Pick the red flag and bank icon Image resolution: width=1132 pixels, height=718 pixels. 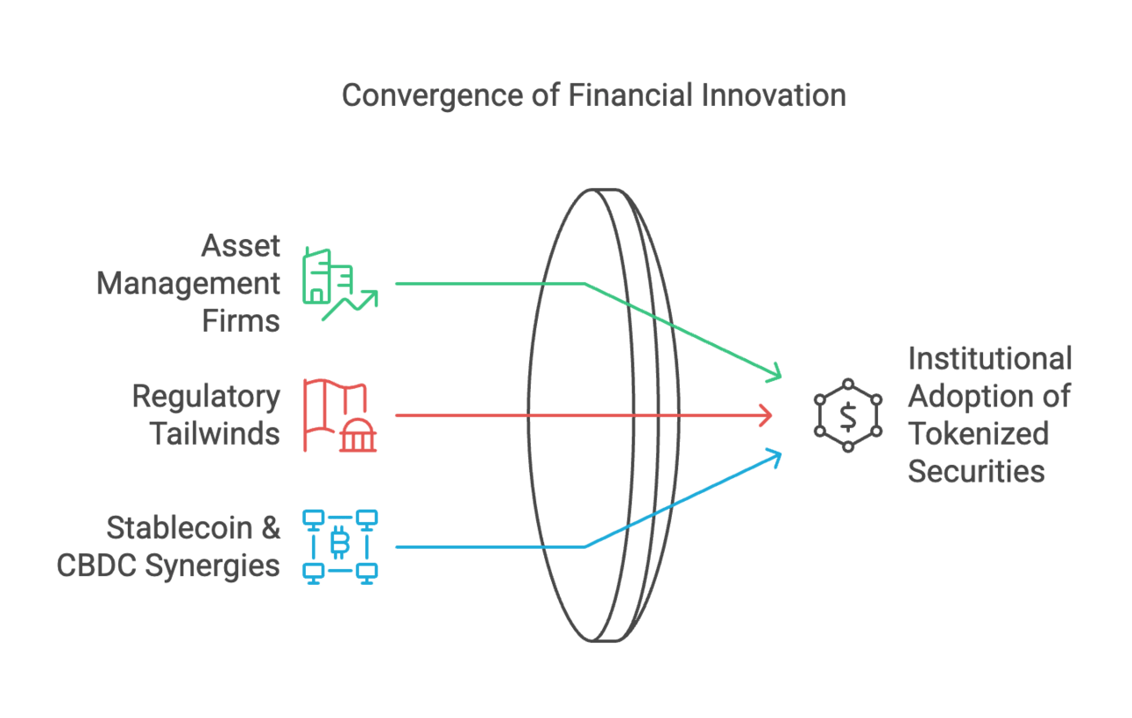[340, 415]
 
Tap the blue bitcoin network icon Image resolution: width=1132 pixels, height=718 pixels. [340, 546]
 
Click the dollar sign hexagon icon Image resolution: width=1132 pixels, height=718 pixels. [847, 415]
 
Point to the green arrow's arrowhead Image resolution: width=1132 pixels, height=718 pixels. [775, 374]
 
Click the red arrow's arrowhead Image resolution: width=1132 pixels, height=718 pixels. [768, 415]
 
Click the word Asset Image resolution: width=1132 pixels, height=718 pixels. [241, 246]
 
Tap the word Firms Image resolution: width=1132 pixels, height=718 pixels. [241, 321]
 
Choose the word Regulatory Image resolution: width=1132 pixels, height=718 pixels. [206, 397]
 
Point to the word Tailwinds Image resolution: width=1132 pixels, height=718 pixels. [215, 434]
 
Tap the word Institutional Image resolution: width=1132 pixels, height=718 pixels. [989, 358]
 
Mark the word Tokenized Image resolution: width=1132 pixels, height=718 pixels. [978, 433]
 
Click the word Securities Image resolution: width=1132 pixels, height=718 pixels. [976, 471]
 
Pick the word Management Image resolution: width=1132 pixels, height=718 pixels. [188, 284]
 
